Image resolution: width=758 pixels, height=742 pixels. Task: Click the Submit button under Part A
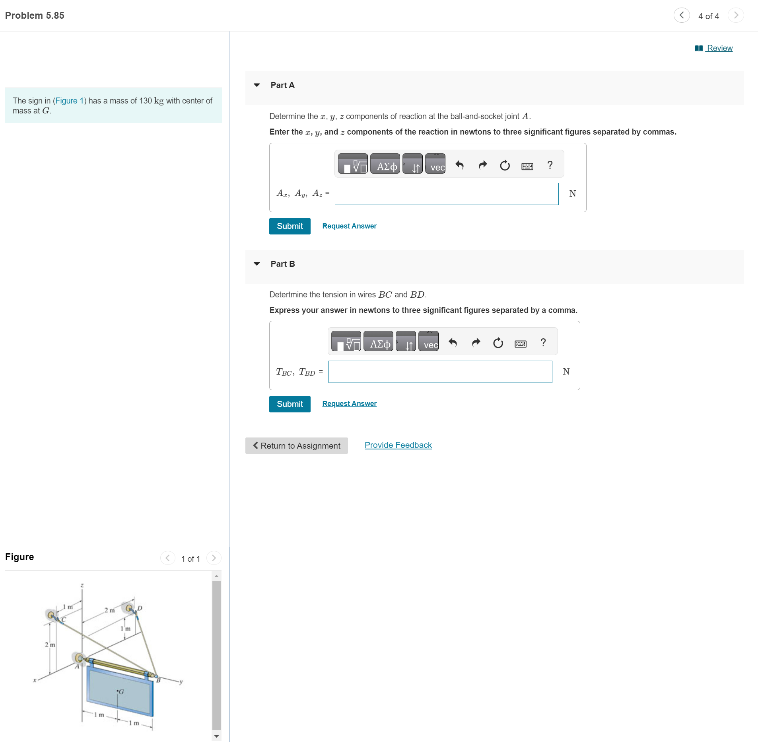coord(290,226)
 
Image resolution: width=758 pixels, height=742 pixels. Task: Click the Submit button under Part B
coord(290,404)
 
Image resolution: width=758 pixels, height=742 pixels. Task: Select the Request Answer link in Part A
coord(349,226)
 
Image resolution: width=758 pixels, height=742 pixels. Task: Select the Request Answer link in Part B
coord(349,404)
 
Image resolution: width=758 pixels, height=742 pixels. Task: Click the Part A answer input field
coord(446,194)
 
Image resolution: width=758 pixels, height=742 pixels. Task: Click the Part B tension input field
coord(440,372)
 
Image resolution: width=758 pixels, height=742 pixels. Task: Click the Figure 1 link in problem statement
coord(70,101)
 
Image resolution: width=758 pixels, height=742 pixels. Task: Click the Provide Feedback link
coord(398,445)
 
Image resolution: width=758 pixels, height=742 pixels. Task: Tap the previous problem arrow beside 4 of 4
coord(682,16)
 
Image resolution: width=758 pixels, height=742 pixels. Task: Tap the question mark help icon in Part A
coord(550,165)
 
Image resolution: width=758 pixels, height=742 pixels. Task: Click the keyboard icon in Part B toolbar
coord(520,343)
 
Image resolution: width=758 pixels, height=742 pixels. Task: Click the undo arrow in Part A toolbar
coord(460,165)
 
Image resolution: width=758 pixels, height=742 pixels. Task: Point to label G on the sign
coord(121,692)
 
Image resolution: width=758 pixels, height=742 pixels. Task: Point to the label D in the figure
coord(140,608)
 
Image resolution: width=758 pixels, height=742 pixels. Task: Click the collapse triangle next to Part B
coord(257,264)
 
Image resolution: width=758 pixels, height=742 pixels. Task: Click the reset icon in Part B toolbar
coord(498,343)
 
